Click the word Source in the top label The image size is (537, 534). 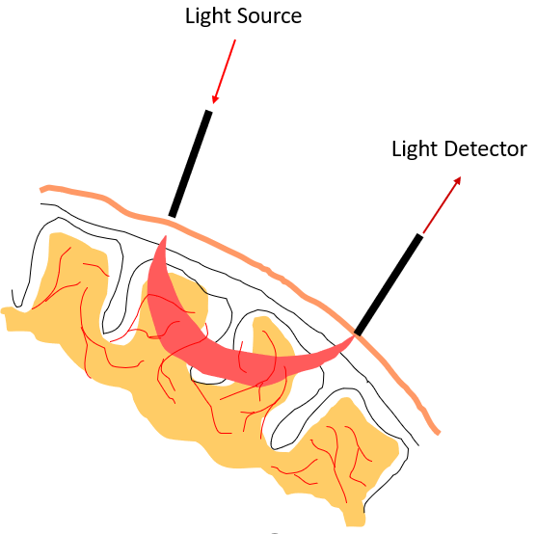[x=269, y=16]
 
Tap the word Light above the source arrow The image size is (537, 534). [x=208, y=16]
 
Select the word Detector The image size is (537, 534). [x=486, y=148]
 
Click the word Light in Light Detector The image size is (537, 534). [x=416, y=149]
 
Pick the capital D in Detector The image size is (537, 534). [x=451, y=149]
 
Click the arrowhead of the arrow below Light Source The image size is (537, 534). [x=215, y=98]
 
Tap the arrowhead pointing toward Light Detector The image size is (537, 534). [x=457, y=181]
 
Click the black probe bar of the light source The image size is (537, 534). [x=191, y=164]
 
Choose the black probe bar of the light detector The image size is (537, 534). [x=389, y=284]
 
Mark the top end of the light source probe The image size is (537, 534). [x=208, y=111]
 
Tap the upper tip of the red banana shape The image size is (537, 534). [x=166, y=236]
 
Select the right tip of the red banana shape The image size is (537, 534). [x=353, y=336]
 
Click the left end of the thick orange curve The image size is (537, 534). [x=41, y=189]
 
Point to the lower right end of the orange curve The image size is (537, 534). [x=438, y=433]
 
